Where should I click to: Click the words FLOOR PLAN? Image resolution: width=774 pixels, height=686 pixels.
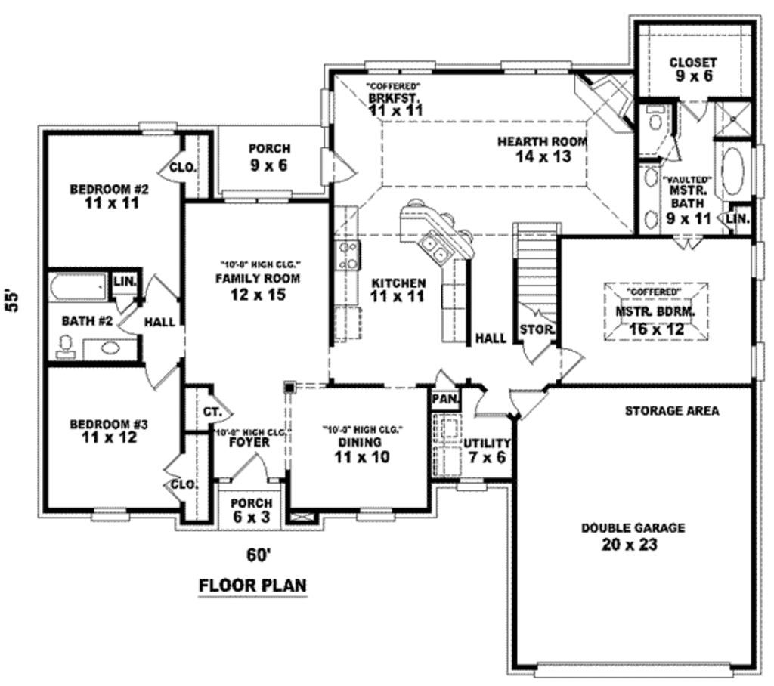[x=252, y=586]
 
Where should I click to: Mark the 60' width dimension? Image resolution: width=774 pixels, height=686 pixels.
[x=258, y=555]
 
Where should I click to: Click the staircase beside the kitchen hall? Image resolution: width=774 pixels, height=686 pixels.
[x=537, y=264]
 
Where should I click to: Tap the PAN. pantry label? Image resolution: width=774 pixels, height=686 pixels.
[x=443, y=398]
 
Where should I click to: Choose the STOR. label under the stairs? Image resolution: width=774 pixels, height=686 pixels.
[x=537, y=330]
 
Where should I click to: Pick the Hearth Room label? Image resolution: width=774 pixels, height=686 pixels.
[x=542, y=141]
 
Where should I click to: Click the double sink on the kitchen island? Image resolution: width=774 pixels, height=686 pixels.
[x=434, y=243]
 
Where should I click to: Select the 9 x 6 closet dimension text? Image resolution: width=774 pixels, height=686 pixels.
[x=693, y=76]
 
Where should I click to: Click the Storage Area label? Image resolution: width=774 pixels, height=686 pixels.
[x=671, y=411]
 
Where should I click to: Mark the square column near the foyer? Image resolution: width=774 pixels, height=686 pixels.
[x=289, y=387]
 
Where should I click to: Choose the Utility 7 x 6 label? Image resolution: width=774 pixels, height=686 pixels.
[x=487, y=450]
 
